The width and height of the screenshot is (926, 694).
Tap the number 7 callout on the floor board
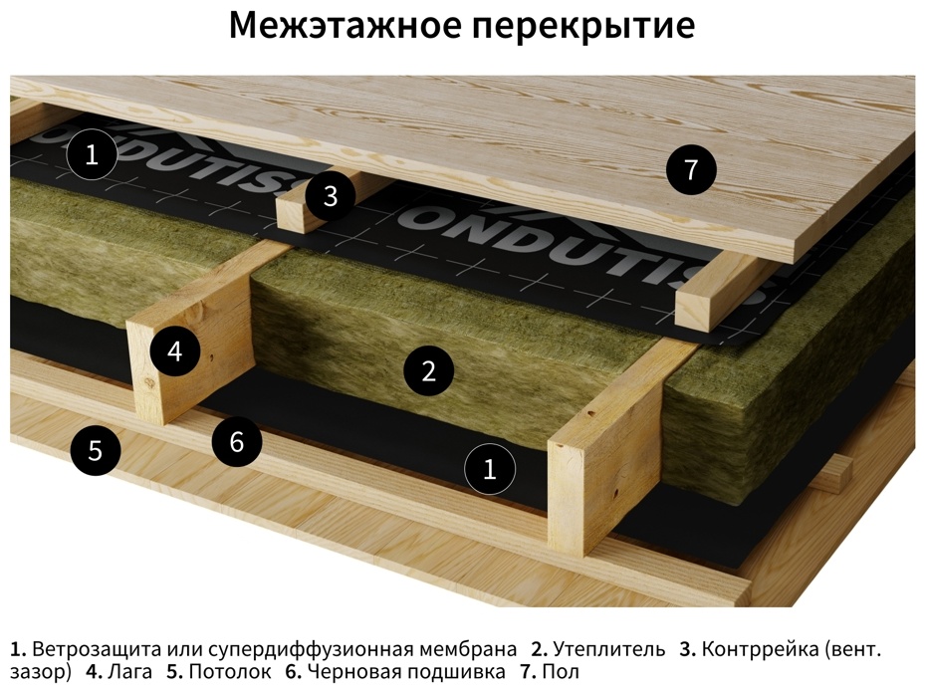[x=691, y=169]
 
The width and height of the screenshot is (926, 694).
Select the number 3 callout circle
[x=331, y=195]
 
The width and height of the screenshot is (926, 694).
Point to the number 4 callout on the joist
[x=175, y=351]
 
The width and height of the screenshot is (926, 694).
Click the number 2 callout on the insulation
[x=429, y=371]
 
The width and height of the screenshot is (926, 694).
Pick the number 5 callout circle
[x=95, y=451]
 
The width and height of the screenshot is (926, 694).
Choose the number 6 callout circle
[x=237, y=441]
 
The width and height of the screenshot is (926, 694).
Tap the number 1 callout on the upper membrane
[x=92, y=154]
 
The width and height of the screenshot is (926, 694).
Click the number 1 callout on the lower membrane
[x=490, y=469]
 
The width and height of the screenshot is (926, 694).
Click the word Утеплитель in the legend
[x=609, y=649]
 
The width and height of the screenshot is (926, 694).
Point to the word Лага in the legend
[x=129, y=671]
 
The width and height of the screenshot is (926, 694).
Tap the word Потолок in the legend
[x=231, y=671]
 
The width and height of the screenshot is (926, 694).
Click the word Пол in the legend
[x=561, y=671]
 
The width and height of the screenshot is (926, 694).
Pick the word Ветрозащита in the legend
[x=97, y=649]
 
